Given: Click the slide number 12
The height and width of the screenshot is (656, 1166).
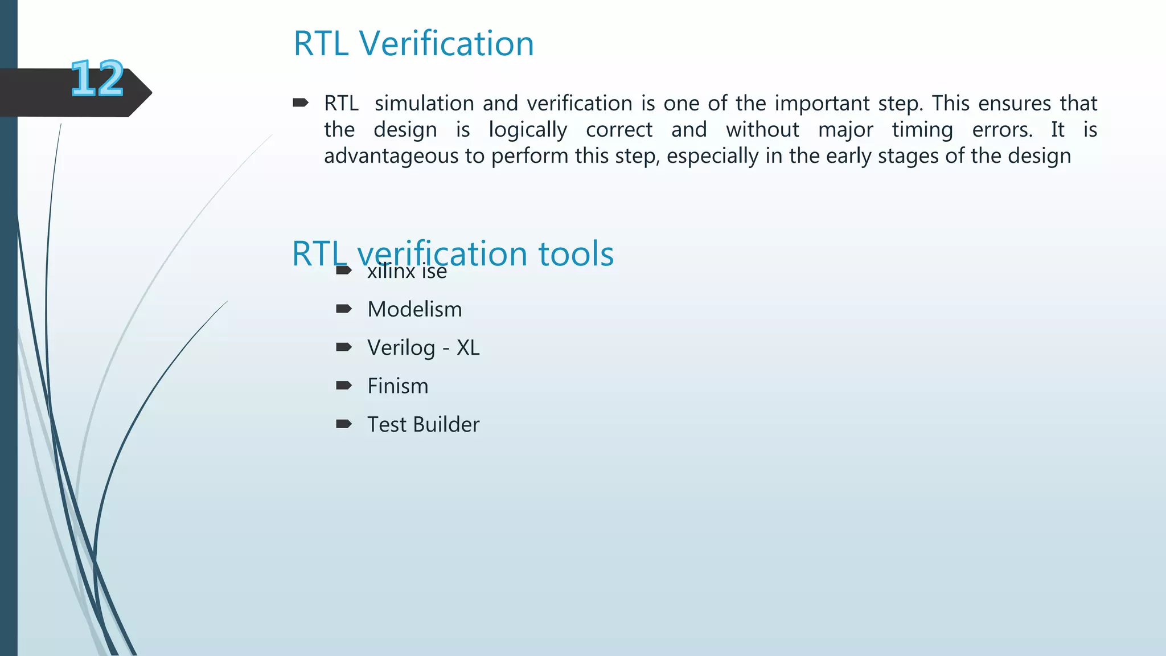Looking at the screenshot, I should pos(97,79).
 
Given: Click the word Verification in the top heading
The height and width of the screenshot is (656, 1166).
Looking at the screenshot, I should pos(446,43).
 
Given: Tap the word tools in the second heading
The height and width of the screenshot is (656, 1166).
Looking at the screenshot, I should pos(576,254).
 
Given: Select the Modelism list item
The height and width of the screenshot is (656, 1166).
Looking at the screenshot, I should pos(414,309).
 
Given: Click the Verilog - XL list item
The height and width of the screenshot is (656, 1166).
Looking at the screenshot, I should pos(423,347).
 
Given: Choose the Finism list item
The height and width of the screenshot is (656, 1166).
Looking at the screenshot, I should pos(397,386).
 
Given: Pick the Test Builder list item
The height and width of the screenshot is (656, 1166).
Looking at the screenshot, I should pos(423,424).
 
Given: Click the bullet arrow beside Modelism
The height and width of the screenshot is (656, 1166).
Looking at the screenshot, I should pos(344,309).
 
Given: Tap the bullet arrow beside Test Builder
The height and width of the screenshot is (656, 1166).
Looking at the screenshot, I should pos(344,424).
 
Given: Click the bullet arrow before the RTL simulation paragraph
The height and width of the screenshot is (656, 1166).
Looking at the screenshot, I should pos(300,103).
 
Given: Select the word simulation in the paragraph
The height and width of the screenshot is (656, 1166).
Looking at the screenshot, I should pos(424,103).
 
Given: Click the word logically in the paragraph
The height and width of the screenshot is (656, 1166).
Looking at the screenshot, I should pos(527,130).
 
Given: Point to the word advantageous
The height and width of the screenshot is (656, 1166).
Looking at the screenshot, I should pos(391,156).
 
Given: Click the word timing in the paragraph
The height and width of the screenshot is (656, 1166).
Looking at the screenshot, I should pos(922,130).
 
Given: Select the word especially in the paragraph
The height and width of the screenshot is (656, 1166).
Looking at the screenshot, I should pos(712,156).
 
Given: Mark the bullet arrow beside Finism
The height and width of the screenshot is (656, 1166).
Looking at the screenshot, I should pos(344,386).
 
